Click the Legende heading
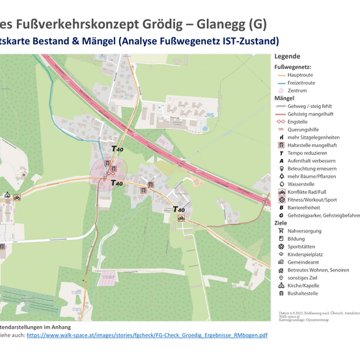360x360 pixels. (x=287, y=57)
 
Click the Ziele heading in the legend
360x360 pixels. (x=281, y=223)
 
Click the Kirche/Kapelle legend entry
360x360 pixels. (x=304, y=286)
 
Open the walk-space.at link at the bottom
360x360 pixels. (x=146, y=335)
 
